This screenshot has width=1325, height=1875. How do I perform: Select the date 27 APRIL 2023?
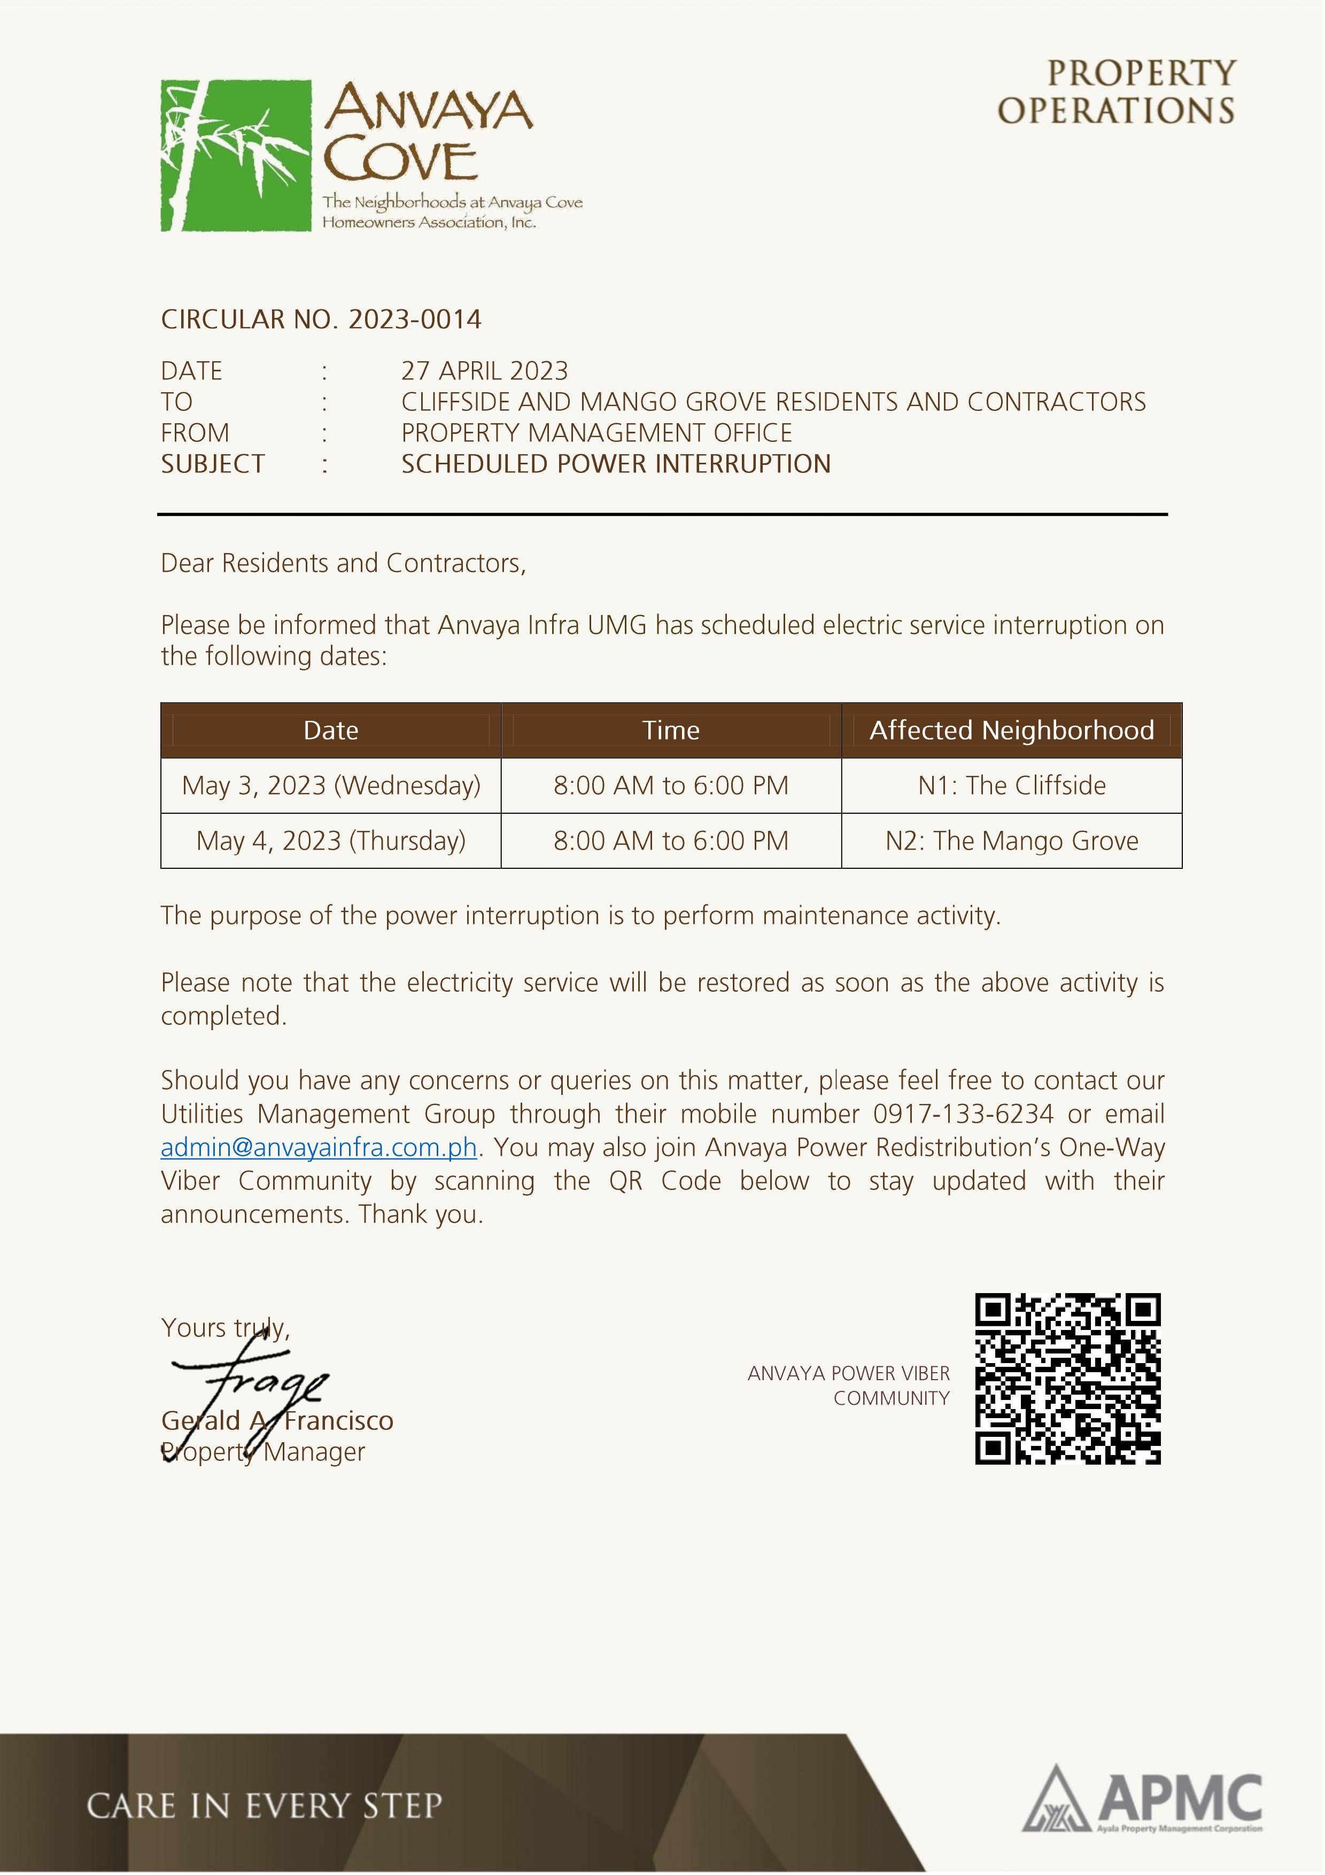[x=484, y=371]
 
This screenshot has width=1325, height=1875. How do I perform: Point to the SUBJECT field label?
[x=212, y=464]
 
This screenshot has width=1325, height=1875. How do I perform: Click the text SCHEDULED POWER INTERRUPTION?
[x=615, y=464]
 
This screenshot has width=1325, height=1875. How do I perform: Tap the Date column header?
[x=331, y=730]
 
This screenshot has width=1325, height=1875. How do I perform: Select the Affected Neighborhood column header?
[x=1011, y=730]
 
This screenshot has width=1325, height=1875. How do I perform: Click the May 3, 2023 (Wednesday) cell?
[x=331, y=785]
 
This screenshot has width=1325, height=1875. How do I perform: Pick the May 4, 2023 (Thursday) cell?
[x=331, y=841]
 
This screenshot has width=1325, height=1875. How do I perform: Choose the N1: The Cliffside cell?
[x=1011, y=785]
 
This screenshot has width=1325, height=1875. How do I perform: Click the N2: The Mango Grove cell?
[x=1011, y=841]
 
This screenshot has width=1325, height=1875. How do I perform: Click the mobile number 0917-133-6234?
[x=963, y=1114]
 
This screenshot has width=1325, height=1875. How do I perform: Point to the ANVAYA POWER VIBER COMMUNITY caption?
[x=849, y=1386]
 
